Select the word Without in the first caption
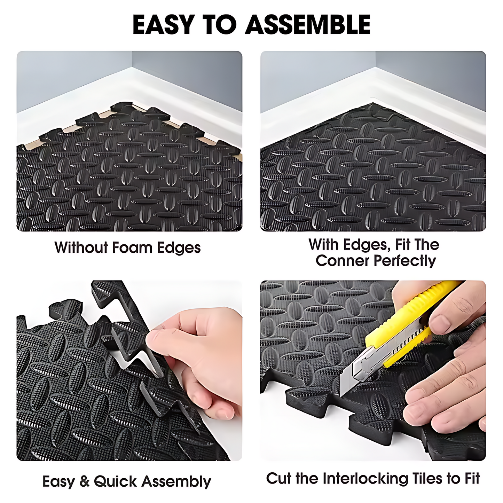pyautogui.click(x=81, y=248)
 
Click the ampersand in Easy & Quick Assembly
pyautogui.click(x=84, y=482)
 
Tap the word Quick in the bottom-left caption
pyautogui.click(x=115, y=482)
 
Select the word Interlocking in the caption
pyautogui.click(x=365, y=479)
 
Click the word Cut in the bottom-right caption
pyautogui.click(x=279, y=479)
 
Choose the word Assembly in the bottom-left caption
pyautogui.click(x=176, y=482)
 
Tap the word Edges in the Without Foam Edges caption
pyautogui.click(x=179, y=248)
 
